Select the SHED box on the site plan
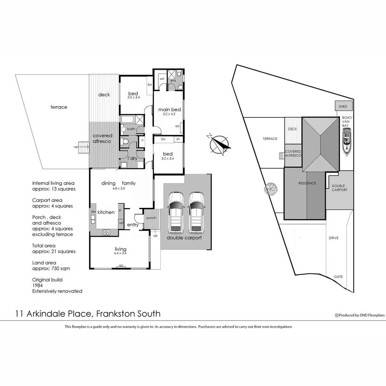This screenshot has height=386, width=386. [x=343, y=107]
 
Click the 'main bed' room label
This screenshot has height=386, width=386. [x=169, y=109]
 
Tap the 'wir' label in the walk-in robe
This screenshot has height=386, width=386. [x=162, y=78]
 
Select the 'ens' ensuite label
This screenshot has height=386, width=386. [x=173, y=81]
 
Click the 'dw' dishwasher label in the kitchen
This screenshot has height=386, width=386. [x=93, y=212]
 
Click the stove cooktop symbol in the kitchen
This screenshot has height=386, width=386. [x=106, y=232]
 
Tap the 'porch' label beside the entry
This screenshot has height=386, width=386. [x=151, y=218]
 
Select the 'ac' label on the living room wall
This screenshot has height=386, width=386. [x=121, y=266]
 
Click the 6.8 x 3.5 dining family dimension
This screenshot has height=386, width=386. [x=118, y=188]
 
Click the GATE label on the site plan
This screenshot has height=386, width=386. [x=338, y=277]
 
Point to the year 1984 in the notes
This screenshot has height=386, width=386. [x=37, y=285]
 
